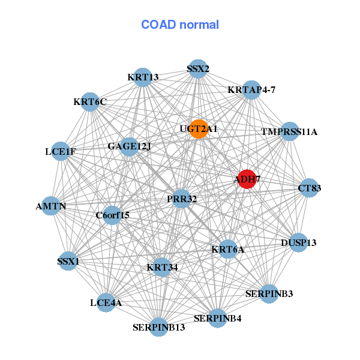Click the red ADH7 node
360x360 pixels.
247,179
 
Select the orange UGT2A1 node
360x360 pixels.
199,129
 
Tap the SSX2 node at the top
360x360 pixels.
198,69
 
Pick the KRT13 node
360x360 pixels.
143,77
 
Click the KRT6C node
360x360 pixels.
90,102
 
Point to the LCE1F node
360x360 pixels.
61,151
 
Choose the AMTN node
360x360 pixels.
51,206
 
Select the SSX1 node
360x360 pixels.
68,262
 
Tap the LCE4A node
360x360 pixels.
106,303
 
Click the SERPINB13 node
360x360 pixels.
158,327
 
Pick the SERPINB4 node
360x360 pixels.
217,318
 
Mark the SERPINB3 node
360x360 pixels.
269,294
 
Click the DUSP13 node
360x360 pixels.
298,243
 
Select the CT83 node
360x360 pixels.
309,188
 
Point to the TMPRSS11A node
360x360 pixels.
289,131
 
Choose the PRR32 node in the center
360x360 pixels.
182,199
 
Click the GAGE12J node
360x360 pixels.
129,146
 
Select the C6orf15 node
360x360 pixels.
112,215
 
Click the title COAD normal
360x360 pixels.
180,25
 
